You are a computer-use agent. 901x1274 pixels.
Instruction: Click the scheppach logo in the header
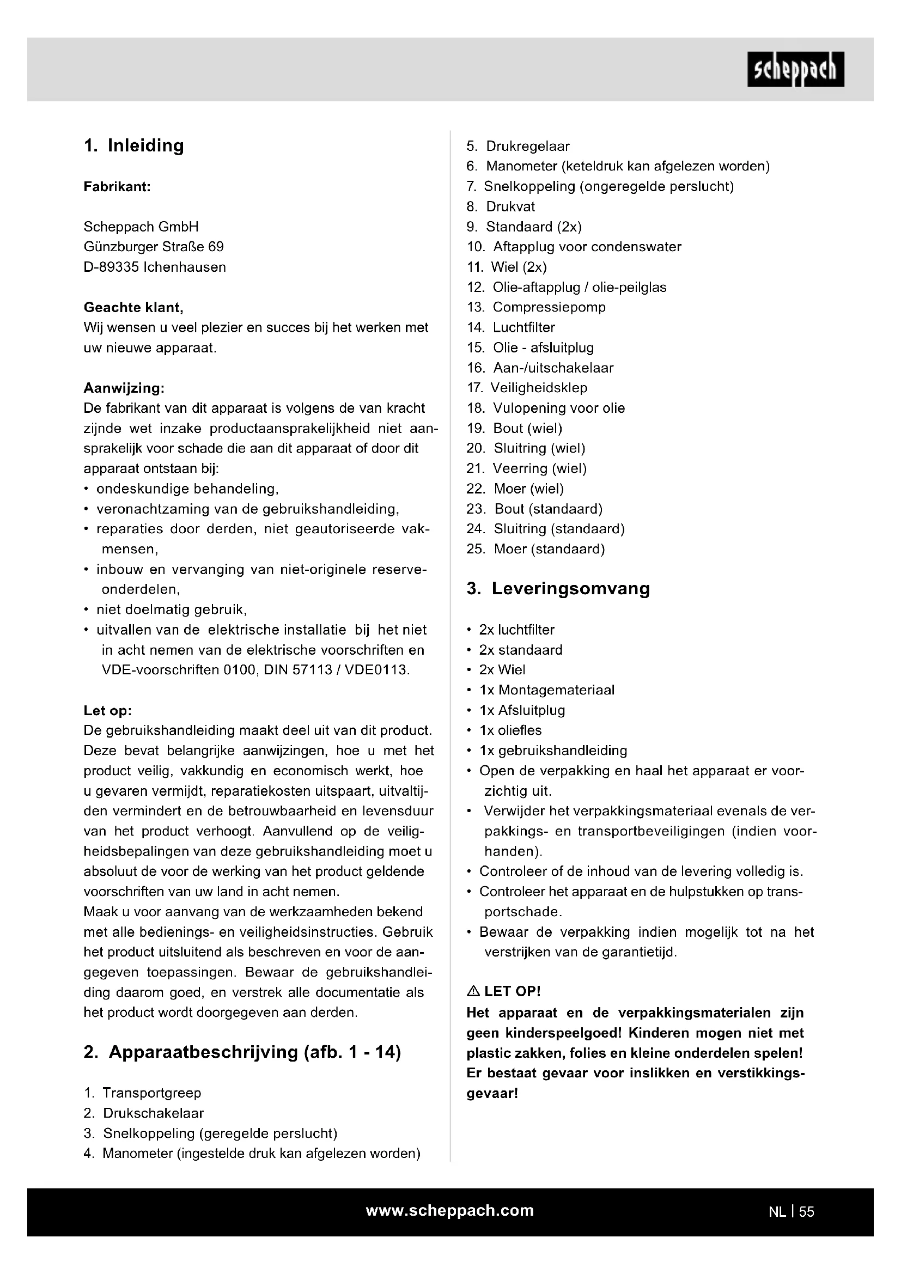pyautogui.click(x=795, y=70)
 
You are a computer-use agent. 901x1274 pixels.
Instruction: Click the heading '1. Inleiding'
pyautogui.click(x=133, y=145)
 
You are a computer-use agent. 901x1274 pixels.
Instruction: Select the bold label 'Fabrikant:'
pyautogui.click(x=117, y=187)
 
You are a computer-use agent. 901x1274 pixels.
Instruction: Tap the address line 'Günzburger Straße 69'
pyautogui.click(x=154, y=247)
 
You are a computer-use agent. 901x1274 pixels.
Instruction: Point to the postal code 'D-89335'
pyautogui.click(x=111, y=267)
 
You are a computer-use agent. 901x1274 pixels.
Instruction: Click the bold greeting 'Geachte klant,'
pyautogui.click(x=133, y=307)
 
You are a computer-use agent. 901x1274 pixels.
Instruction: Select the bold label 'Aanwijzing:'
pyautogui.click(x=124, y=388)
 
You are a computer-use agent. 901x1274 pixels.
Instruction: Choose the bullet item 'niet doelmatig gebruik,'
pyautogui.click(x=172, y=610)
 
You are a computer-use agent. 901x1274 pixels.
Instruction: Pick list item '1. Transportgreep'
pyautogui.click(x=143, y=1093)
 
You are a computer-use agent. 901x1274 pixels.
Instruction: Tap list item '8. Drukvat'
pyautogui.click(x=501, y=207)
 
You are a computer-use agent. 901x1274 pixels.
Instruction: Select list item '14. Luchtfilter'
pyautogui.click(x=510, y=328)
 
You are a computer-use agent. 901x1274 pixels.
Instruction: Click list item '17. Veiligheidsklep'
pyautogui.click(x=527, y=388)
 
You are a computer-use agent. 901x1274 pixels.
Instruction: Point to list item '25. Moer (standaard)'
pyautogui.click(x=535, y=550)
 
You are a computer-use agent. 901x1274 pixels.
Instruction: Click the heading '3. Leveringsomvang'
pyautogui.click(x=558, y=589)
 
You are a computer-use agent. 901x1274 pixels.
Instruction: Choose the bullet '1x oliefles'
pyautogui.click(x=510, y=731)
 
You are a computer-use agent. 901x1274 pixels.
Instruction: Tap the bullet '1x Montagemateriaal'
pyautogui.click(x=547, y=690)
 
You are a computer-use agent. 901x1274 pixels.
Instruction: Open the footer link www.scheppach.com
pyautogui.click(x=449, y=1210)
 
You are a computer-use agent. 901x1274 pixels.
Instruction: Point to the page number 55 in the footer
pyautogui.click(x=807, y=1212)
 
